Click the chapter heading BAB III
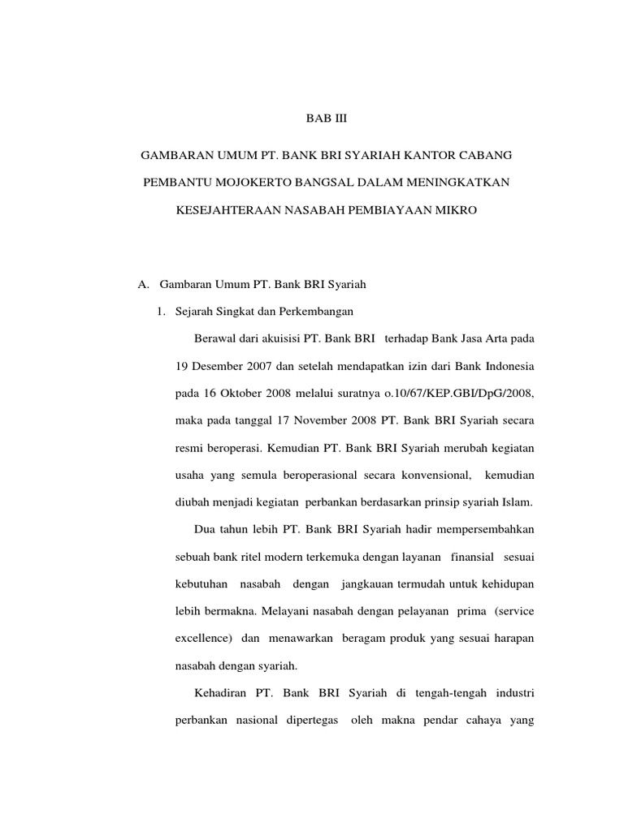click(x=326, y=119)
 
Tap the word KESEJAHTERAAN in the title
click(x=228, y=210)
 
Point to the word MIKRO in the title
click(x=455, y=210)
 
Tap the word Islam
click(x=518, y=502)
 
